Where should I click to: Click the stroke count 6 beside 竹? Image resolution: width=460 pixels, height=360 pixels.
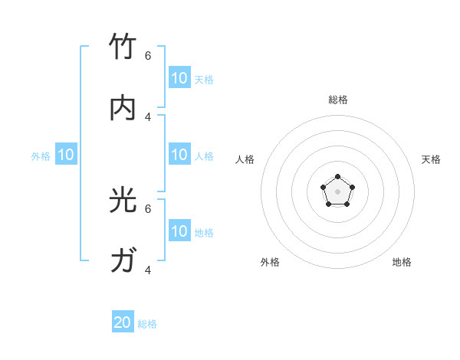coord(148,55)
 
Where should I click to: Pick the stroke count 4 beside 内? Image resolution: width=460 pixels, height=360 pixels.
coord(148,116)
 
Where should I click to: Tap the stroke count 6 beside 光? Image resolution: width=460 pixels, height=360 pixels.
coord(148,208)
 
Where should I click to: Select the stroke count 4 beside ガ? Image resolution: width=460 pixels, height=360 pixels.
coord(148,270)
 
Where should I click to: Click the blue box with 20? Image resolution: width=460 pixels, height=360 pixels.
coord(123,322)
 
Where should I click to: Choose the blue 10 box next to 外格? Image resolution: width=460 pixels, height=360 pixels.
coord(66,155)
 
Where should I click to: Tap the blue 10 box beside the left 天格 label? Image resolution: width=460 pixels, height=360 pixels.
coord(179,78)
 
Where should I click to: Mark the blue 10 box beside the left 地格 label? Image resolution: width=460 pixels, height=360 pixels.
coord(179,231)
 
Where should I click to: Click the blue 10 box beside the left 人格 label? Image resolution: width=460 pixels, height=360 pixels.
coord(179,155)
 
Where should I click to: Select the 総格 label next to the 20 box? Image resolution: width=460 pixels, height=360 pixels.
coord(147,324)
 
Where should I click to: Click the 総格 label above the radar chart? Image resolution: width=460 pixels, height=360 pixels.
coord(338,100)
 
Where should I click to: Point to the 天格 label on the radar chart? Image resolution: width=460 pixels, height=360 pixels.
coord(431,159)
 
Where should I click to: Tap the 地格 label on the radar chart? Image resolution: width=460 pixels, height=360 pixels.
coord(402,262)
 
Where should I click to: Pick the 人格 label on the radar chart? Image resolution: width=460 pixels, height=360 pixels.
coord(245,159)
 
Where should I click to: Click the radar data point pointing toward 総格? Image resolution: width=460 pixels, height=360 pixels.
coord(337,177)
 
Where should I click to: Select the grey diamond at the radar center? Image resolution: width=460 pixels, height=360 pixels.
coord(337,191)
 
